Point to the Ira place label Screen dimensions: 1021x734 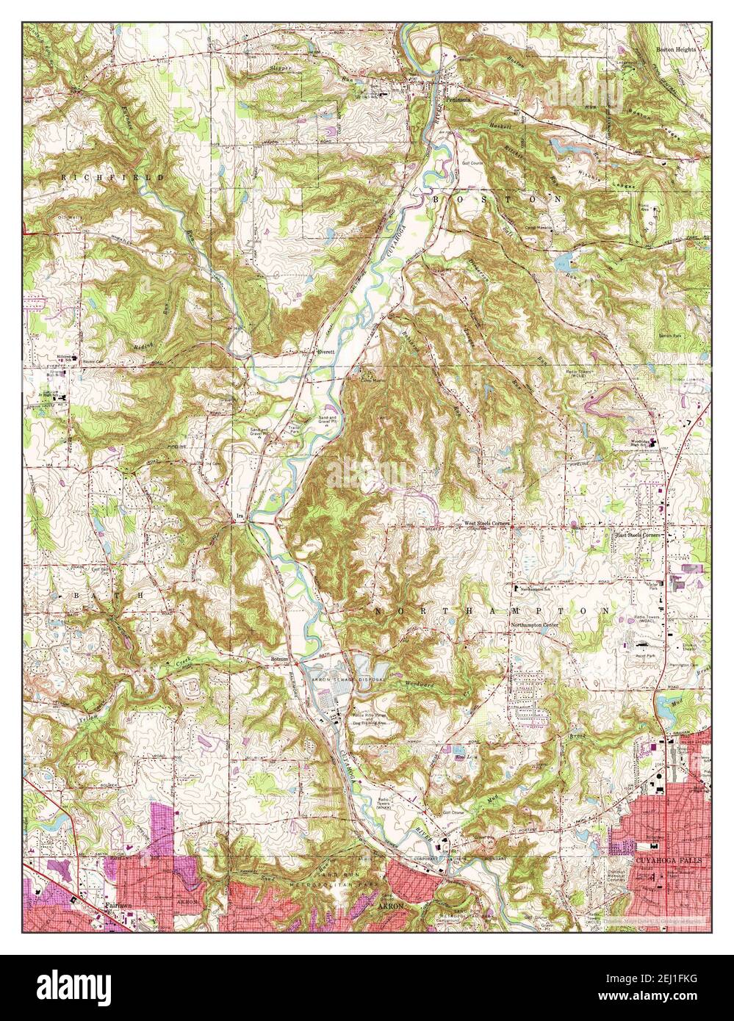[x=239, y=518]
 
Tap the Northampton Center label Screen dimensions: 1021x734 [x=535, y=625]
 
